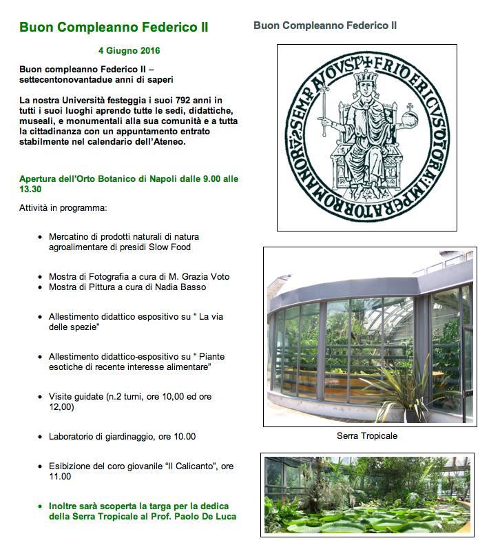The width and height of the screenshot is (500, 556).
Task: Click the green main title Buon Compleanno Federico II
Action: [114, 28]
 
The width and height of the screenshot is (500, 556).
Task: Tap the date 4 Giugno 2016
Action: [129, 51]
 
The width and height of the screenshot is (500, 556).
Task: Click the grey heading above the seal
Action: [325, 25]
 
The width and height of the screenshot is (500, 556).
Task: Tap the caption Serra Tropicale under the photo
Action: [367, 436]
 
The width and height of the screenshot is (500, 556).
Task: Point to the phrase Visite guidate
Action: [76, 397]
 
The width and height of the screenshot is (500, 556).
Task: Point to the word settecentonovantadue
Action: [63, 80]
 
